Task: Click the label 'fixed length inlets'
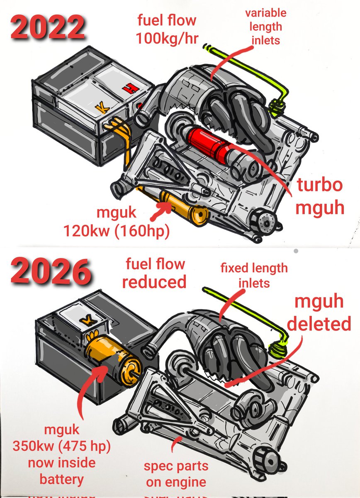coord(253,275)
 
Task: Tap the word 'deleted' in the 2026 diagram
coord(319,324)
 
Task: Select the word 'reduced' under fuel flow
coord(154,282)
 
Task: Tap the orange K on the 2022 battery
coord(100,109)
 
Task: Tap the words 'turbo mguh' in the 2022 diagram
coord(320,196)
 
